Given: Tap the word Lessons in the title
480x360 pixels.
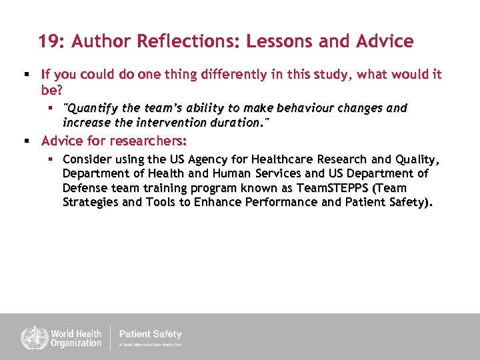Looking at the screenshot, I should click(279, 41).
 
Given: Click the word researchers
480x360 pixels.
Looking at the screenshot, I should click(151, 141).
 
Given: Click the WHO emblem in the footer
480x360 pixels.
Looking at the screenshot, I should click(31, 337).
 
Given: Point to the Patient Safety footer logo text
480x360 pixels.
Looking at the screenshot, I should click(150, 335).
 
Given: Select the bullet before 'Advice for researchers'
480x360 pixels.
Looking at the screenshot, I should click(25, 141).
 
